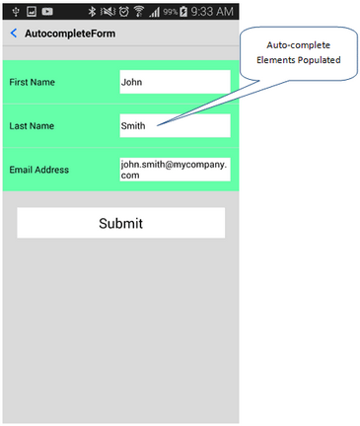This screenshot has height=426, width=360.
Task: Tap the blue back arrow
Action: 13,34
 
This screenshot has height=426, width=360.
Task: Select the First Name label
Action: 33,83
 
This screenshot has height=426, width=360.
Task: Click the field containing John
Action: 174,83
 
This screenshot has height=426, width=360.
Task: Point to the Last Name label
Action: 32,126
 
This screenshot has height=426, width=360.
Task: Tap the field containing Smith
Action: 174,126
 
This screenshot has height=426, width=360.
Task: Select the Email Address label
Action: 39,170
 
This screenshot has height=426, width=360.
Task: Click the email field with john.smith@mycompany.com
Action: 174,169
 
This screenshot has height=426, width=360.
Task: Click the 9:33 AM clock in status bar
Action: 214,11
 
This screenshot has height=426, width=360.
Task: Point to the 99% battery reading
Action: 171,12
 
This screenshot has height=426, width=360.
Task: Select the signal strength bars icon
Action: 155,11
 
